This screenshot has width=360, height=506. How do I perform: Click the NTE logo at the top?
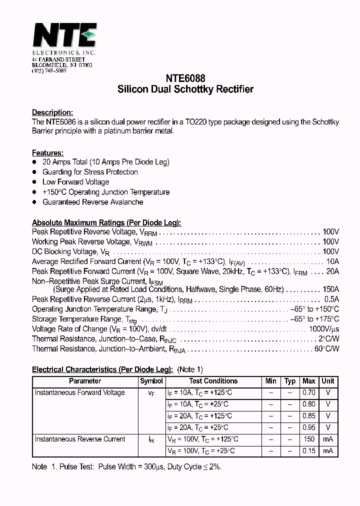click(x=64, y=37)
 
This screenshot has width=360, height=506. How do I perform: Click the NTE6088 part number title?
click(x=185, y=79)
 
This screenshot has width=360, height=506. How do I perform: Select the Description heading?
click(x=52, y=112)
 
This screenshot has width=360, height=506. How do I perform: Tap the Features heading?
click(x=47, y=153)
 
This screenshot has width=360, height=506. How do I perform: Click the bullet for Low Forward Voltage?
click(x=34, y=182)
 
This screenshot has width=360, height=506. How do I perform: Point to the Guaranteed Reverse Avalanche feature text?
click(x=93, y=202)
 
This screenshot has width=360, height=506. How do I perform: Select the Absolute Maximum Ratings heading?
click(x=106, y=223)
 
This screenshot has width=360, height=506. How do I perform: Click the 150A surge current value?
click(x=330, y=289)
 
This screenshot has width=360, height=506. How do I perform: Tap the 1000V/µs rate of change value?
click(x=323, y=329)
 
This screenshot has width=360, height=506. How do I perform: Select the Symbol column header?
click(x=151, y=381)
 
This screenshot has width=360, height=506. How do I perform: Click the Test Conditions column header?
click(x=213, y=381)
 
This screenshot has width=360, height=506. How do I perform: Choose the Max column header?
click(x=309, y=381)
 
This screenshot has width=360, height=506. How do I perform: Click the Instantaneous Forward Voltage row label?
click(x=79, y=393)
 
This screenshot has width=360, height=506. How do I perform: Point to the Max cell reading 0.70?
click(x=309, y=393)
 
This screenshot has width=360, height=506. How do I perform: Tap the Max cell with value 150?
click(x=309, y=439)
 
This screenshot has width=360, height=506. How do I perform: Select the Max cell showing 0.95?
click(x=309, y=428)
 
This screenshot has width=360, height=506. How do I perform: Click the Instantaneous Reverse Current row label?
click(x=79, y=439)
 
